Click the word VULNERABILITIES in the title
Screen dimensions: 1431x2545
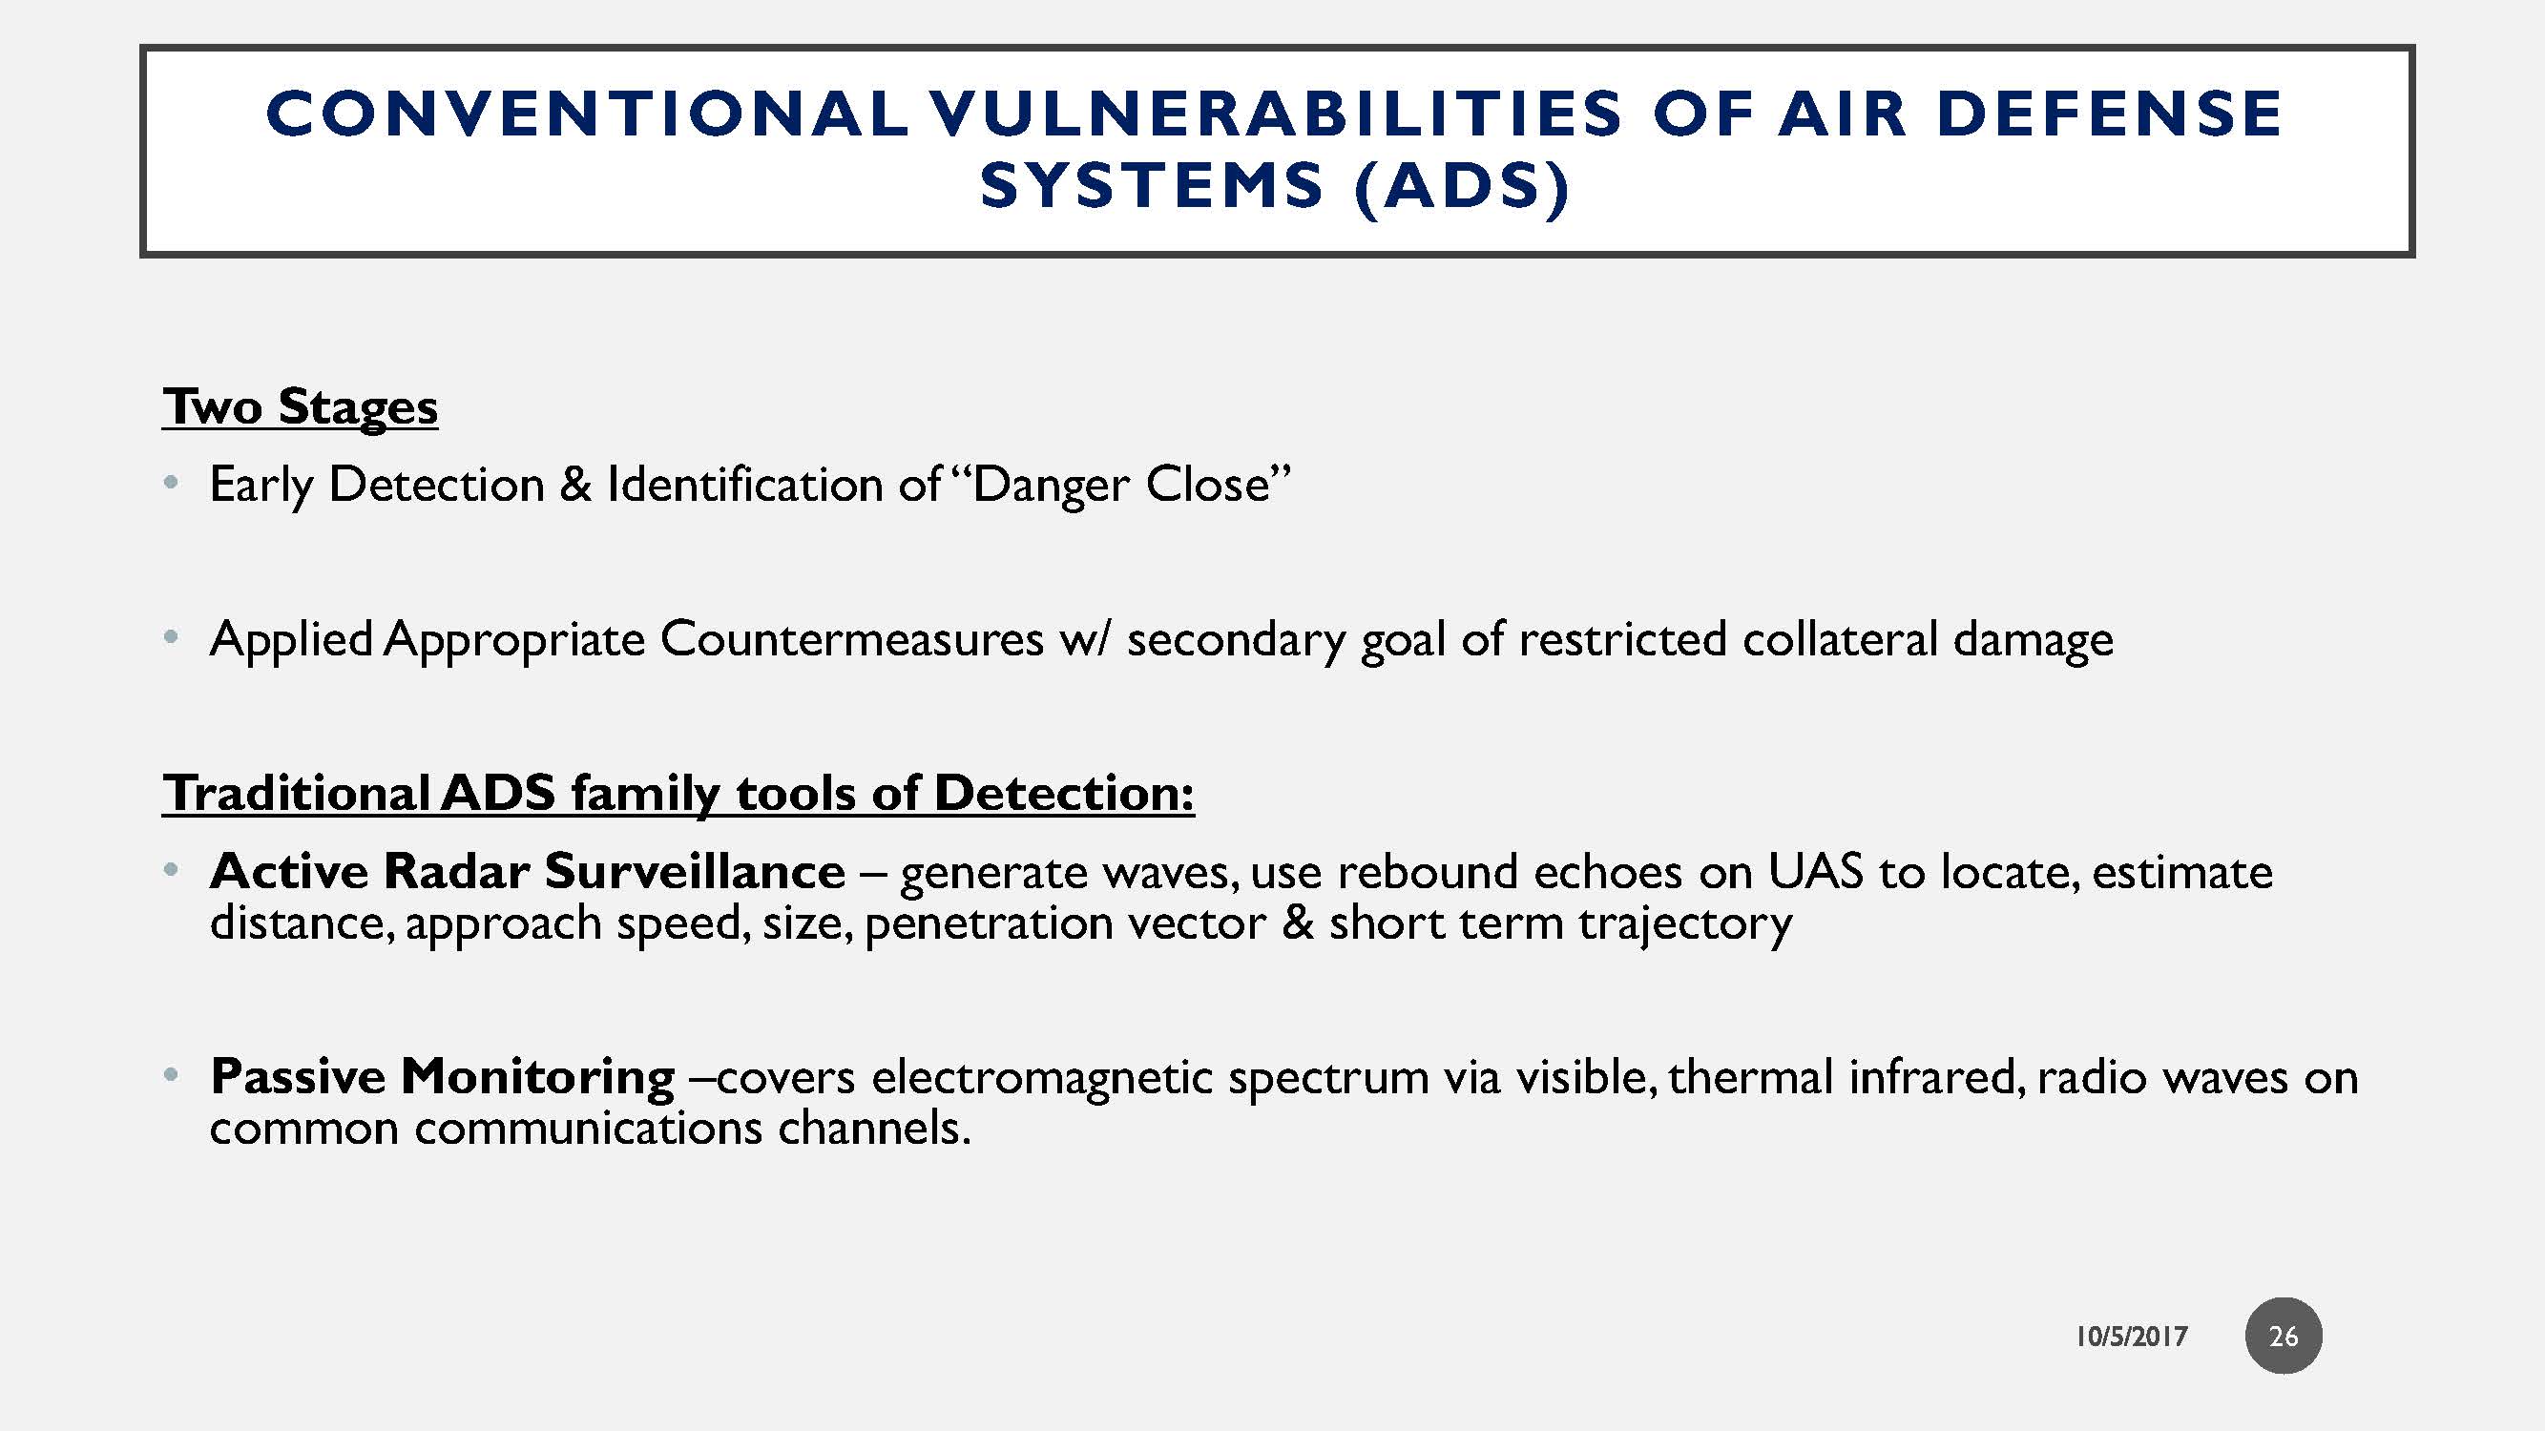[1275, 113]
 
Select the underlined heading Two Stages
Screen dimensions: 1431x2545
[300, 407]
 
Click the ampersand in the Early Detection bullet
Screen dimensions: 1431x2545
[575, 485]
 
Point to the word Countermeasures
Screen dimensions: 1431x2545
[851, 639]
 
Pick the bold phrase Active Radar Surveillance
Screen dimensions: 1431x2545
[528, 871]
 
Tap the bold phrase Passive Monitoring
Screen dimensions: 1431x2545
[443, 1075]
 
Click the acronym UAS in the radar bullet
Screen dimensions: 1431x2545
[1815, 871]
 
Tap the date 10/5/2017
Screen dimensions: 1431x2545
[2131, 1337]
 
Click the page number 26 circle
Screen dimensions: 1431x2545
[2284, 1336]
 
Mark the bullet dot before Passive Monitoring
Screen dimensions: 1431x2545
[172, 1074]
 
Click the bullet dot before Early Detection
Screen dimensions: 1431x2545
[172, 483]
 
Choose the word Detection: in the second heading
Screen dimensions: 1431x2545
[1064, 793]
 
